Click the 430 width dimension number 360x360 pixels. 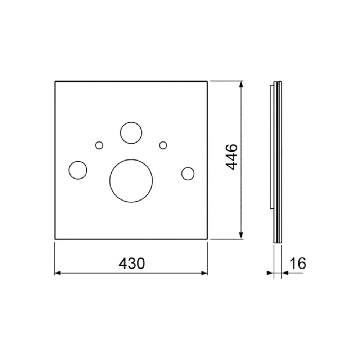pyautogui.click(x=132, y=263)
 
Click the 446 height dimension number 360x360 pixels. pyautogui.click(x=231, y=157)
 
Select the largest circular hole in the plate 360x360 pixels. pyautogui.click(x=131, y=181)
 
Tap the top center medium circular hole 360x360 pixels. pyautogui.click(x=131, y=133)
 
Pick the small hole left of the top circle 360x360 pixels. pyautogui.click(x=99, y=145)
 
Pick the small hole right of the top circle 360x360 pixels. pyautogui.click(x=163, y=145)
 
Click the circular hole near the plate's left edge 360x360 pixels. pyautogui.click(x=78, y=170)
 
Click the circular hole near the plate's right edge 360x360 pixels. pyautogui.click(x=188, y=174)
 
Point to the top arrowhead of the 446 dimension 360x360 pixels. pyautogui.click(x=240, y=85)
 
